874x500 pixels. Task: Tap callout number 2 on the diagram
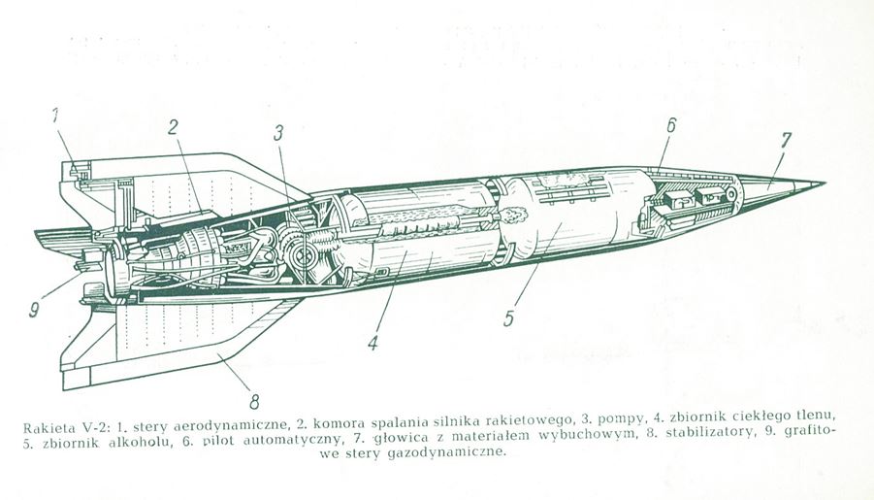point(172,126)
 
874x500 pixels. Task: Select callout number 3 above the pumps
point(277,133)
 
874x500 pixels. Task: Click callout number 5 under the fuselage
point(508,317)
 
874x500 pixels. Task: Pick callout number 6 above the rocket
point(670,124)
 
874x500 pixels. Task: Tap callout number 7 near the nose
point(784,140)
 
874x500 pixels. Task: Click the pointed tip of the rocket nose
point(824,183)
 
